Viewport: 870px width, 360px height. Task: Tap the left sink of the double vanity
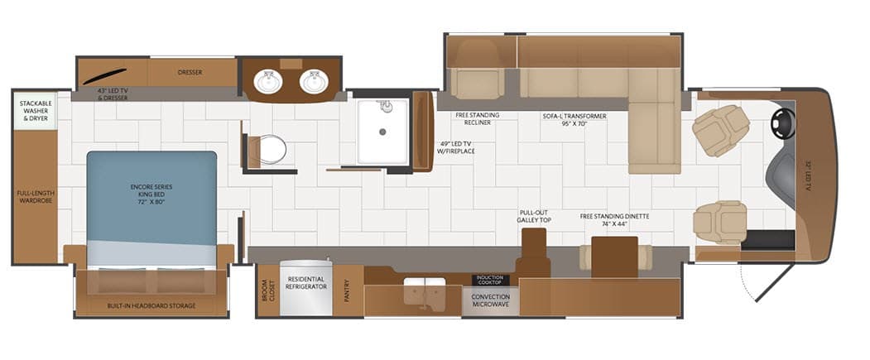(x=268, y=82)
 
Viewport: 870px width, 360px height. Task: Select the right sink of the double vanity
(x=314, y=82)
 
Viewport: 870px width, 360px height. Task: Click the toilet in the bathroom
(x=267, y=150)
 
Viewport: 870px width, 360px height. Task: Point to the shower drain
(x=382, y=132)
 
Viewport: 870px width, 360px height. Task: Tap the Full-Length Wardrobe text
(x=35, y=196)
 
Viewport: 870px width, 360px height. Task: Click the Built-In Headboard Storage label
(x=151, y=305)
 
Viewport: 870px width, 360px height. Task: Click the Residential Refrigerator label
(x=305, y=283)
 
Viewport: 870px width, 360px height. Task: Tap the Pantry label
(x=347, y=290)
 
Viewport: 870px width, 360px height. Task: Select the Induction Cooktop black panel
(x=489, y=280)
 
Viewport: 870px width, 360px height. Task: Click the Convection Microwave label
(x=491, y=300)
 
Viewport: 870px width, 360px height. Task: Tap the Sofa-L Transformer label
(x=574, y=120)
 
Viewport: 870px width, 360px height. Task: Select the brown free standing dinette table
(x=615, y=257)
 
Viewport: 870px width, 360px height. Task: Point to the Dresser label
(x=190, y=72)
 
